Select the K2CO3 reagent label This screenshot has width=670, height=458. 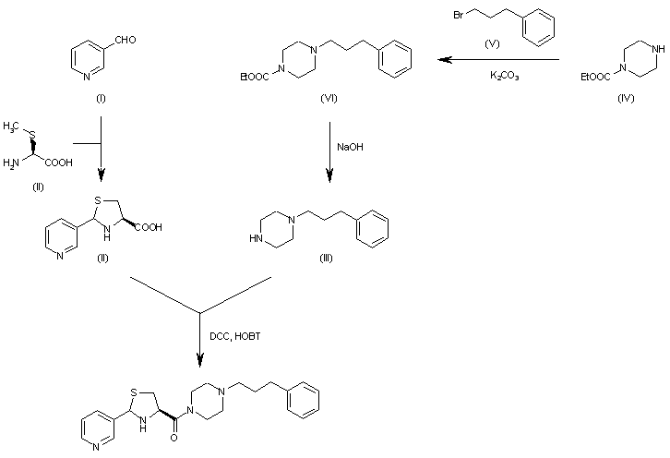(x=504, y=77)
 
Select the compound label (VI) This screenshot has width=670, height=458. (x=328, y=97)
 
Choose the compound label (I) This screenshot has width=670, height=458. (x=100, y=98)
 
